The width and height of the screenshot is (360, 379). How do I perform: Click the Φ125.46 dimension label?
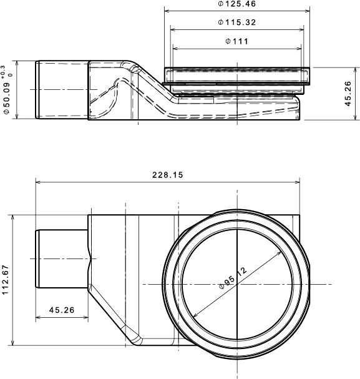(x=236, y=4)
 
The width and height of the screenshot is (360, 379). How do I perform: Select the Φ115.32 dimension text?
(x=236, y=22)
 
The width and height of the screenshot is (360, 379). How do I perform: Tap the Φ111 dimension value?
(x=236, y=41)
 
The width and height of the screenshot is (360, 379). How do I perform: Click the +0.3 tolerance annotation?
(x=2, y=72)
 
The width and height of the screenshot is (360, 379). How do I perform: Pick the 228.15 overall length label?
(x=168, y=175)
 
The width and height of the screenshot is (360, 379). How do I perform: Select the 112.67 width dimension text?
(x=6, y=280)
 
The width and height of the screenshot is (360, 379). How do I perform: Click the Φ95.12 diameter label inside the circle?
(x=233, y=278)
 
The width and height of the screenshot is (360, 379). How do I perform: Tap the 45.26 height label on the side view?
(x=348, y=94)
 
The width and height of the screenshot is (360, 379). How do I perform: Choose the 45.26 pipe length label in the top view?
(x=62, y=310)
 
